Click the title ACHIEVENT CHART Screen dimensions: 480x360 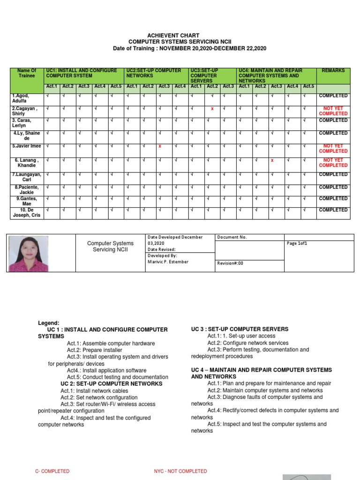point(173,36)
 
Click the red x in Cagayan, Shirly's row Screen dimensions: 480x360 point(212,109)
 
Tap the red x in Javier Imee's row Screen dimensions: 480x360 point(160,146)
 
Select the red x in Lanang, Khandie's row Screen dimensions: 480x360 point(272,160)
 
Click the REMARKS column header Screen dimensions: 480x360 point(333,71)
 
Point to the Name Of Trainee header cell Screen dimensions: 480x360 point(27,73)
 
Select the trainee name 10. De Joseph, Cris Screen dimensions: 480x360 point(27,212)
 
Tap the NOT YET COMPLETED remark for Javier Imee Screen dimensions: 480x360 point(333,149)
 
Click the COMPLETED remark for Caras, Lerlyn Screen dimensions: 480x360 point(333,120)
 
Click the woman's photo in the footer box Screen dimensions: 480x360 point(29,254)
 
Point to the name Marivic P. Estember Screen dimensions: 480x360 point(168,262)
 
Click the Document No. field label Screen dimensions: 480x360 point(232,238)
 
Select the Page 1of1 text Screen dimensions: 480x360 point(297,244)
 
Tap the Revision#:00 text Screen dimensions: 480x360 point(230,263)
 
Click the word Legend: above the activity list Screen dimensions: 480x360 point(49,323)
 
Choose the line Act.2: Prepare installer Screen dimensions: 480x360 point(94,350)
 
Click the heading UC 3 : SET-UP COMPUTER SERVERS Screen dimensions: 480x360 point(240,330)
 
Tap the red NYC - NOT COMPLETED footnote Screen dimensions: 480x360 point(180,471)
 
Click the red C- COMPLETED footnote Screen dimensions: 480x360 point(52,471)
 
